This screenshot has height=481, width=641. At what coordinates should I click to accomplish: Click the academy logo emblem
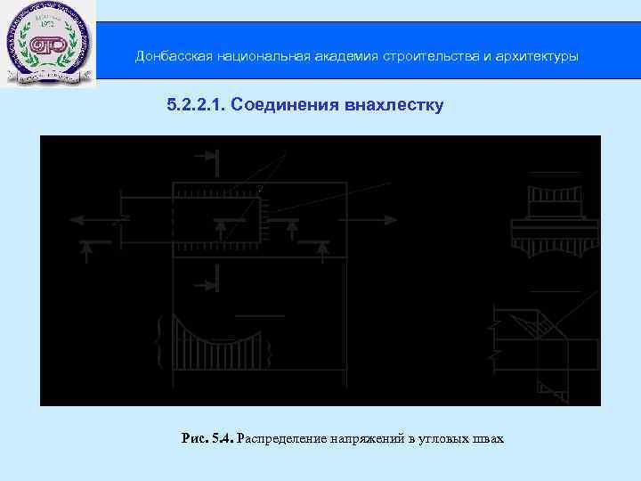click(48, 44)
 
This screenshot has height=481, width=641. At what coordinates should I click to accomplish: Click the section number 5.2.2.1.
click(197, 106)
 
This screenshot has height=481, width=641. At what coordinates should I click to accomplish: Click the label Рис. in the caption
click(194, 439)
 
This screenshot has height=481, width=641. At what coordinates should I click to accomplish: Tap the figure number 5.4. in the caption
click(223, 439)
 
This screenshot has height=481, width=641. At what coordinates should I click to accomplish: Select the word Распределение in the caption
click(282, 439)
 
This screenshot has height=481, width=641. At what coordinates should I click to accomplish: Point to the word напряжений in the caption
click(366, 439)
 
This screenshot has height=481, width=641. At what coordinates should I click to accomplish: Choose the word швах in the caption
click(490, 439)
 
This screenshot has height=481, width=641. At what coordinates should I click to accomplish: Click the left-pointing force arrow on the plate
click(93, 218)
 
